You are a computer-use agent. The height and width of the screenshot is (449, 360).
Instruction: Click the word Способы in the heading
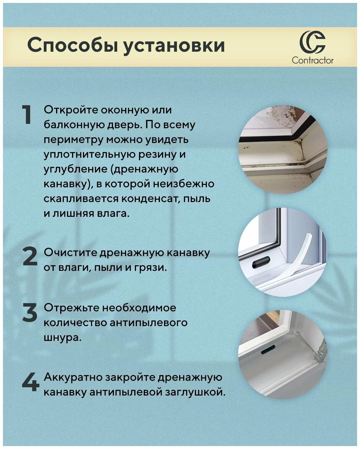(x=73, y=46)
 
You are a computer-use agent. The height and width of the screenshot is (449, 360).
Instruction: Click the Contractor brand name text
(x=312, y=60)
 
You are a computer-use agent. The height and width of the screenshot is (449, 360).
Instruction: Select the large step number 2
(x=30, y=256)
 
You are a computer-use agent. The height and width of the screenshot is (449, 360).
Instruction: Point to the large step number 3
(x=30, y=312)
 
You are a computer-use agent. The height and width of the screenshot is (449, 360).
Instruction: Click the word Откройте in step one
(x=71, y=110)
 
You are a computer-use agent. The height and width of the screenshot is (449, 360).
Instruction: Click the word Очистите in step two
(x=70, y=253)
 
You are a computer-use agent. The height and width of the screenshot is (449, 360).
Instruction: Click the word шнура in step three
(x=62, y=337)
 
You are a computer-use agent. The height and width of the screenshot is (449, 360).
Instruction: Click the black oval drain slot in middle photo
(x=261, y=262)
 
